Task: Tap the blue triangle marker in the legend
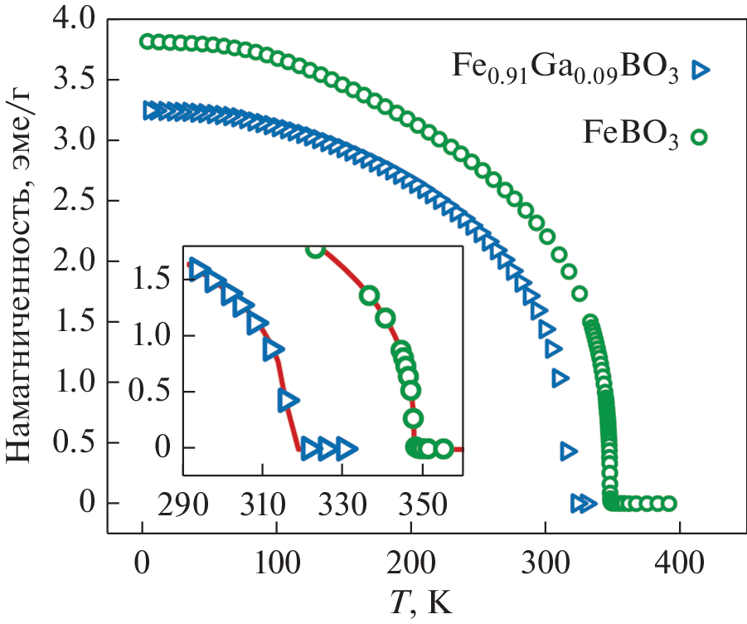tap(702, 70)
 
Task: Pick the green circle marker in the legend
tap(701, 137)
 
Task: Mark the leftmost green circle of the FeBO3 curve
tap(147, 41)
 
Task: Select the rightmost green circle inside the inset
tap(444, 449)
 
